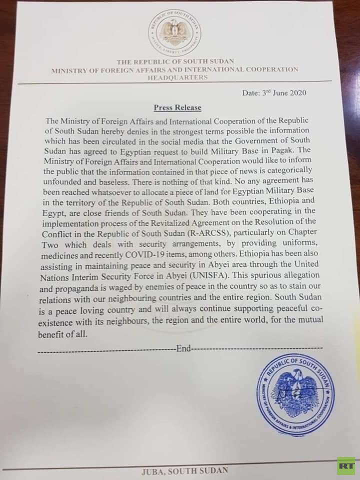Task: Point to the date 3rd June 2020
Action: coord(283,93)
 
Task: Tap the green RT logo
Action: coord(345,465)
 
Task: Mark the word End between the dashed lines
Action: coord(183,348)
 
